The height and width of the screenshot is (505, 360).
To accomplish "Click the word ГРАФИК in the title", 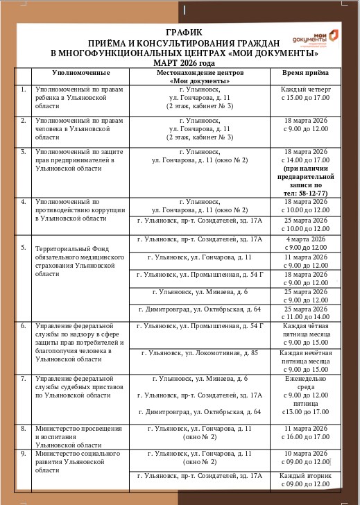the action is point(184,33).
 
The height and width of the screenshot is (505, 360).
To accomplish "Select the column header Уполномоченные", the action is point(81,73).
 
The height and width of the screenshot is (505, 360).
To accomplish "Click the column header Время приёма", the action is point(305,73).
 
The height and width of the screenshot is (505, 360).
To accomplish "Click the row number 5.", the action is point(24,247).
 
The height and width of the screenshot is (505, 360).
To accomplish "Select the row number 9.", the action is point(24,454).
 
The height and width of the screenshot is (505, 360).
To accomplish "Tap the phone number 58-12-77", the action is point(310,193).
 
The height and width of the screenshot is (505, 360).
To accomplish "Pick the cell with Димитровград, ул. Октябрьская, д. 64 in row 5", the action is point(200,309).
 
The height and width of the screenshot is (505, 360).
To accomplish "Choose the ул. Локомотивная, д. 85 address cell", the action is point(200,353).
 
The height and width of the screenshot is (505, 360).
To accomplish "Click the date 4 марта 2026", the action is point(305,239).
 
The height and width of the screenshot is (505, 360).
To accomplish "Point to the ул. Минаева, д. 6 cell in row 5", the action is point(200,292).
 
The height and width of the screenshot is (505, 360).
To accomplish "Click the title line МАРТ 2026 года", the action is point(184,62).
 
